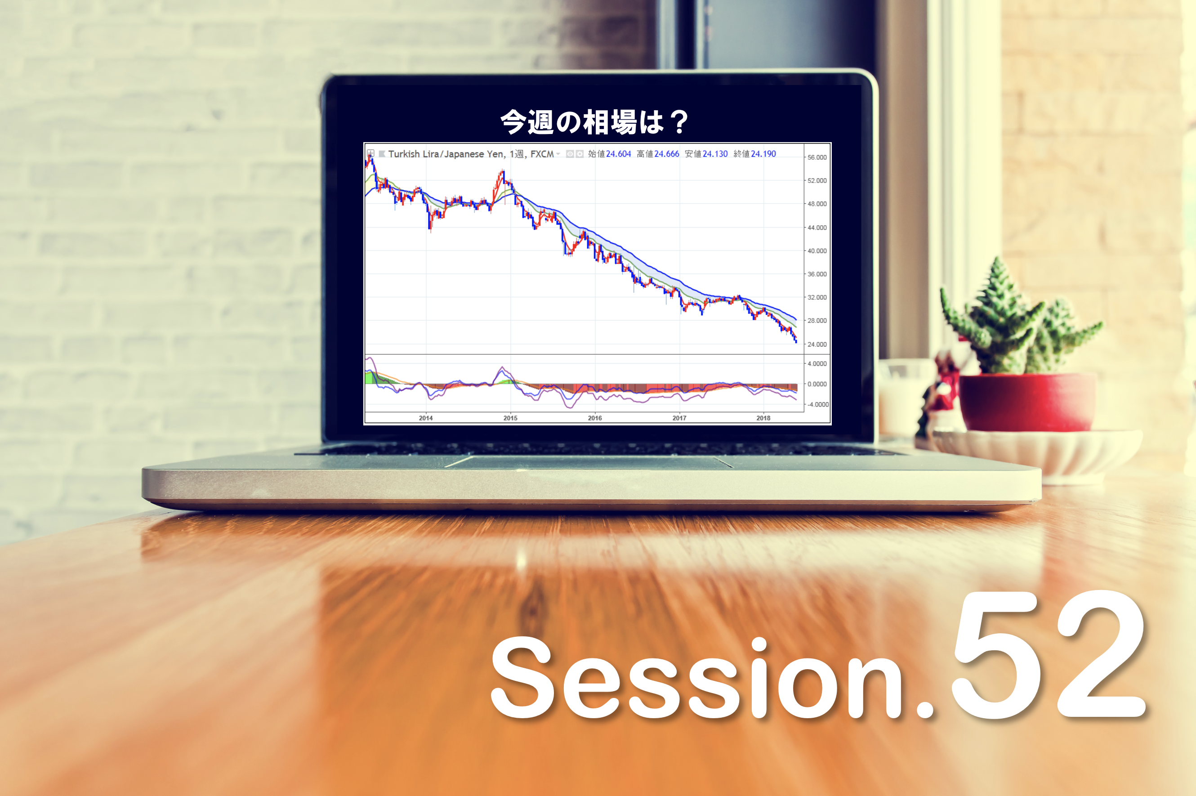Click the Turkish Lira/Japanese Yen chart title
click(471, 154)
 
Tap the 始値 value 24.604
click(618, 154)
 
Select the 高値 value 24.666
click(666, 154)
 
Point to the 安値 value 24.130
click(715, 154)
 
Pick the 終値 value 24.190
click(763, 154)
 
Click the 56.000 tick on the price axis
click(817, 157)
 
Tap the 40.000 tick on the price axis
click(817, 251)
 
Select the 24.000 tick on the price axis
click(817, 344)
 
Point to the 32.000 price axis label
click(817, 297)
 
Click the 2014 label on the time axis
click(426, 418)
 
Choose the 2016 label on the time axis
click(595, 418)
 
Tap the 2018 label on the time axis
click(763, 418)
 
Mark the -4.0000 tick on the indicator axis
click(817, 405)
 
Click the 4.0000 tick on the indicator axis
click(817, 363)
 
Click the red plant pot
click(1026, 402)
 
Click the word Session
click(695, 678)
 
